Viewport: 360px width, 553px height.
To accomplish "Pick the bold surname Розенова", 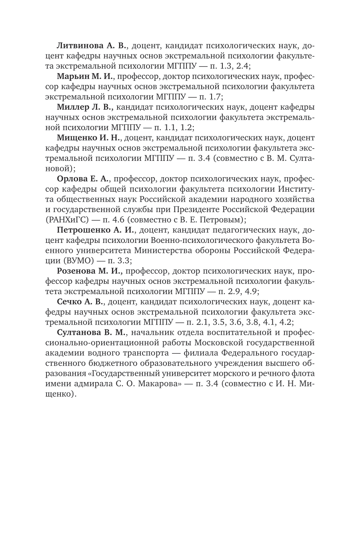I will coord(78,271).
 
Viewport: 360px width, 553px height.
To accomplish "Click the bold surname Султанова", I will coord(81,333).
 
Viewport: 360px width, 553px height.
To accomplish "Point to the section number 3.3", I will coord(122,261).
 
